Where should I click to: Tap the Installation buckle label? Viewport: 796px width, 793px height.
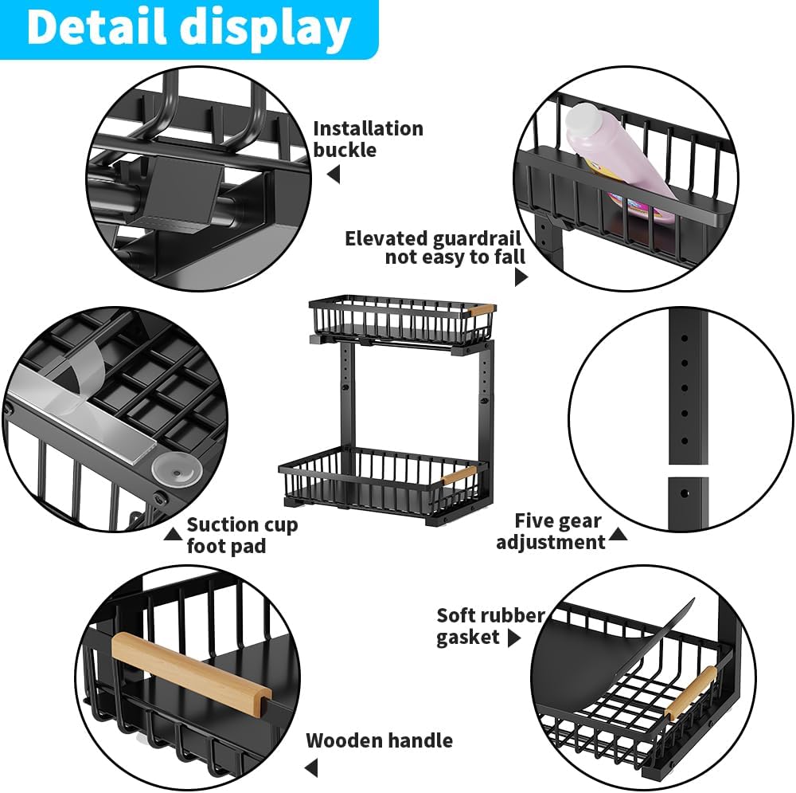pyautogui.click(x=367, y=139)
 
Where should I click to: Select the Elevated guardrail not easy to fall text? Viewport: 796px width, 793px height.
pyautogui.click(x=434, y=247)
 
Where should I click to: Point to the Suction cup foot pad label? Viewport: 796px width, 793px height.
pyautogui.click(x=241, y=535)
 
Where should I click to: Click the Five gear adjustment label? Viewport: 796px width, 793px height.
pyautogui.click(x=551, y=532)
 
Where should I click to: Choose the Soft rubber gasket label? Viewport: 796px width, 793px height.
pyautogui.click(x=490, y=626)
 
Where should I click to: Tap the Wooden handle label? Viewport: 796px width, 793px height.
pyautogui.click(x=379, y=740)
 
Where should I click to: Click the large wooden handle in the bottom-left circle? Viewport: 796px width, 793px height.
pyautogui.click(x=190, y=667)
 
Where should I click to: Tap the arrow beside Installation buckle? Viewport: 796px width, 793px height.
pyautogui.click(x=334, y=174)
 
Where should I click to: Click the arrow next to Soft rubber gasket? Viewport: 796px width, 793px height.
pyautogui.click(x=514, y=638)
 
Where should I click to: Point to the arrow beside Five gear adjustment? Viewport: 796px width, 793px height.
pyautogui.click(x=618, y=533)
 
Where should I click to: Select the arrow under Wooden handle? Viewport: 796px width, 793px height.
pyautogui.click(x=311, y=768)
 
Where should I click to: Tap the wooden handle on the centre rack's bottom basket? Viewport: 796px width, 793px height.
pyautogui.click(x=458, y=476)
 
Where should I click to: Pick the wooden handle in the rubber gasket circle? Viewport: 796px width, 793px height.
pyautogui.click(x=691, y=693)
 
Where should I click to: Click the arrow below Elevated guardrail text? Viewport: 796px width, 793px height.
pyautogui.click(x=521, y=277)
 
